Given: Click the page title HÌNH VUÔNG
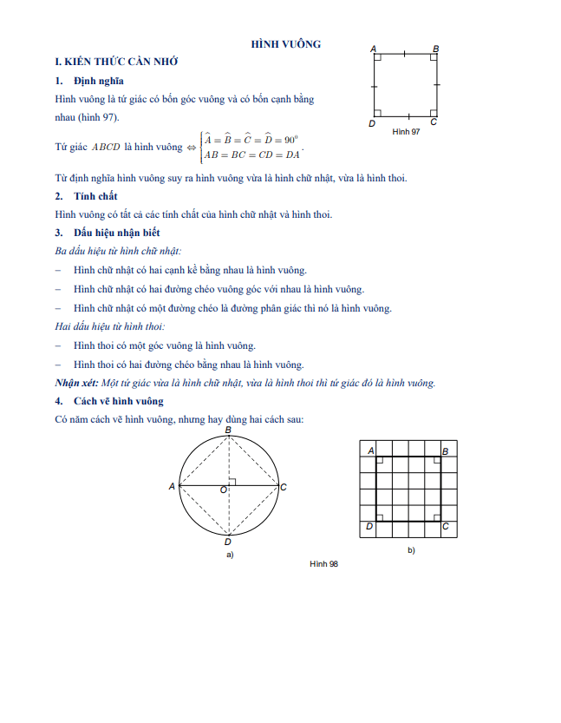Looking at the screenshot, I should pos(285,43).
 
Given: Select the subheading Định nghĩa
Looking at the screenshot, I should pos(98,81).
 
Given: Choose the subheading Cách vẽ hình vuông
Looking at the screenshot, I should pos(118,401).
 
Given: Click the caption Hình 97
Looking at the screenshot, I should pos(405,131).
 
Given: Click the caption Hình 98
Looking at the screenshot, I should pos(323,564).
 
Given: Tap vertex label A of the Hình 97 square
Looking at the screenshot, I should pos(373,49).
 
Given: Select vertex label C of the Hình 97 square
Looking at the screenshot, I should pos(433,122).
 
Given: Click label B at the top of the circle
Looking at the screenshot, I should pos(227,431).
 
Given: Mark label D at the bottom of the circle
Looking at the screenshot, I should pos(227,541).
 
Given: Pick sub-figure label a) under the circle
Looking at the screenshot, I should pos(229,554).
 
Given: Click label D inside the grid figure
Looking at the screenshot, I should pos(370,526).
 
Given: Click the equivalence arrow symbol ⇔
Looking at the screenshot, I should pos(190,147).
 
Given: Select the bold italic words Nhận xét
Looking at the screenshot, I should pos(75,383).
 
